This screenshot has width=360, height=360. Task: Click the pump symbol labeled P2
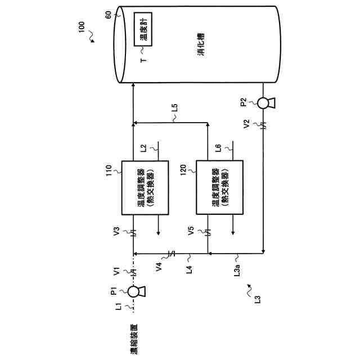coord(264,102)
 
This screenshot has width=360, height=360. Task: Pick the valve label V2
coord(246,125)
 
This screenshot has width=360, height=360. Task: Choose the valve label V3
coord(116,231)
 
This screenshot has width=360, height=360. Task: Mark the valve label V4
coord(159,267)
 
